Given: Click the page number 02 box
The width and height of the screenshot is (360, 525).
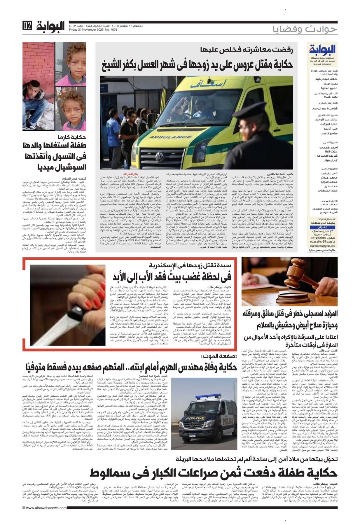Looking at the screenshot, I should pyautogui.click(x=27, y=27).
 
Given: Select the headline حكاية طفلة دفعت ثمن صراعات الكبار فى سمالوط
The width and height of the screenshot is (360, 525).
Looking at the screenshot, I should pyautogui.click(x=214, y=472).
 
